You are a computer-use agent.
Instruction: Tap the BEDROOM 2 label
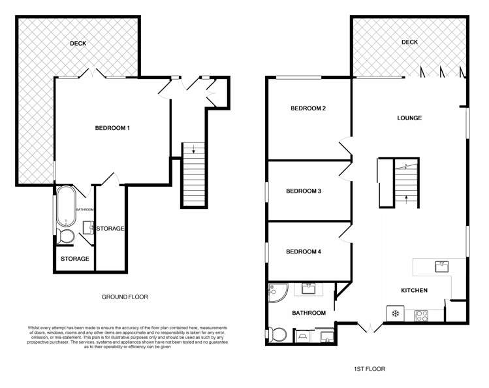click(308, 108)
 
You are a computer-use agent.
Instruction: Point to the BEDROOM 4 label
click(304, 251)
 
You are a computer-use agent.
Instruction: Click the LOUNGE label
click(409, 118)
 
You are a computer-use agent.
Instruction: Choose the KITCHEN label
click(414, 290)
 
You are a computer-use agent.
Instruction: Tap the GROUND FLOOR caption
click(124, 297)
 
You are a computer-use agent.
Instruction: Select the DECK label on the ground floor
click(78, 44)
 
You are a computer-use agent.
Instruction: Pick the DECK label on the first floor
click(409, 42)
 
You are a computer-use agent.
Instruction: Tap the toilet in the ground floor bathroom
click(65, 236)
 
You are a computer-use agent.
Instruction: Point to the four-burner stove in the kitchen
click(418, 315)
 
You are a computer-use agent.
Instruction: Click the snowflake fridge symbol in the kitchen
click(394, 314)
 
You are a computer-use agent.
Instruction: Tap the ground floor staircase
click(193, 174)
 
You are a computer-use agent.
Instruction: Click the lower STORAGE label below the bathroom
click(74, 259)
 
